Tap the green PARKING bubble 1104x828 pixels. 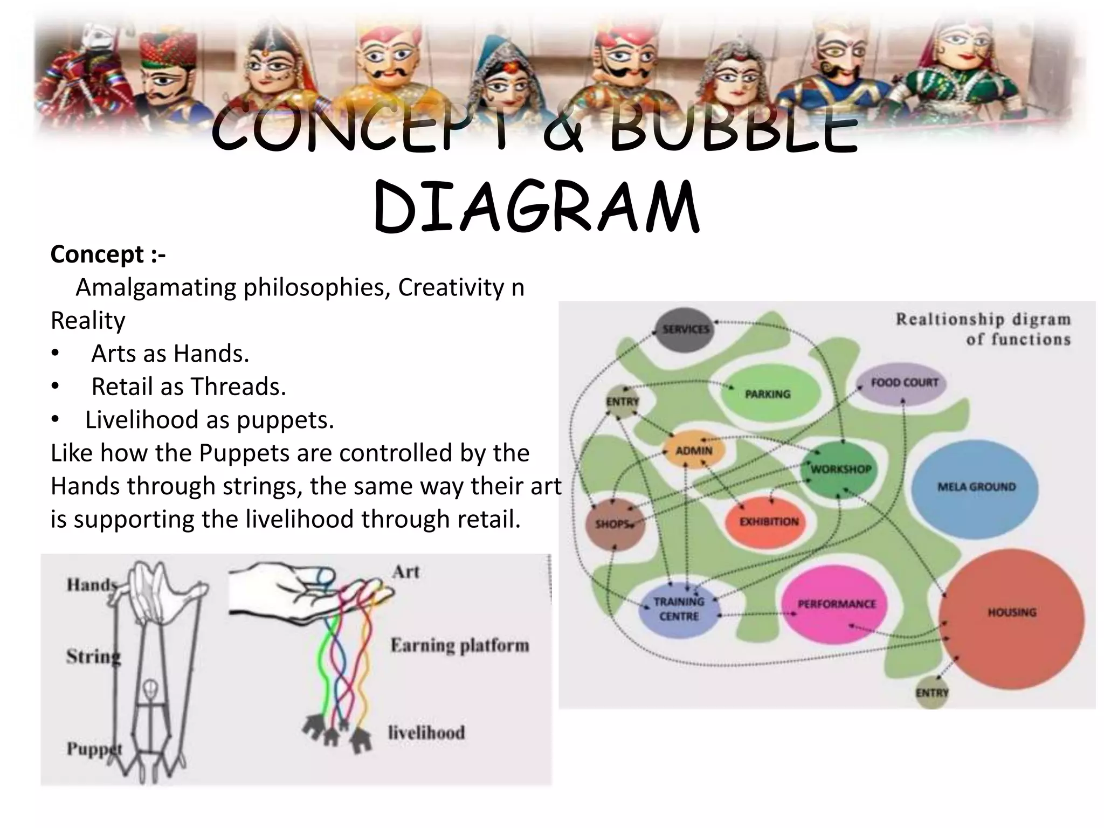pyautogui.click(x=768, y=394)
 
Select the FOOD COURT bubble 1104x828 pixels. pyautogui.click(x=904, y=383)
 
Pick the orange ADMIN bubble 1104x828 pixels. pyautogui.click(x=693, y=451)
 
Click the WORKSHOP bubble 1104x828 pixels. pyautogui.click(x=840, y=468)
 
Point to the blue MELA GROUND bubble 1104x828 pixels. pyautogui.click(x=976, y=487)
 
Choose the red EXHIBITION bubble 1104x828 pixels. pyautogui.click(x=768, y=521)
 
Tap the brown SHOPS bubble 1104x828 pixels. pyautogui.click(x=613, y=523)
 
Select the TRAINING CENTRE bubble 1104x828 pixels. pyautogui.click(x=679, y=609)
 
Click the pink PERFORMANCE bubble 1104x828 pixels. pyautogui.click(x=836, y=604)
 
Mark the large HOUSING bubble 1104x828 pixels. pyautogui.click(x=1011, y=612)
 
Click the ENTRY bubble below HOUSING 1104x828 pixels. pyautogui.click(x=931, y=693)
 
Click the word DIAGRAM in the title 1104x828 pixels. pyautogui.click(x=536, y=208)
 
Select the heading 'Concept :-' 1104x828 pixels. pyautogui.click(x=108, y=254)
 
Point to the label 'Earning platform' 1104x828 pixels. pyautogui.click(x=459, y=645)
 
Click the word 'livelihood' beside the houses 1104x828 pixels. pyautogui.click(x=426, y=732)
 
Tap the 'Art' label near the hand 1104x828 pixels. pyautogui.click(x=405, y=571)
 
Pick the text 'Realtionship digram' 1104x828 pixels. pyautogui.click(x=983, y=319)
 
